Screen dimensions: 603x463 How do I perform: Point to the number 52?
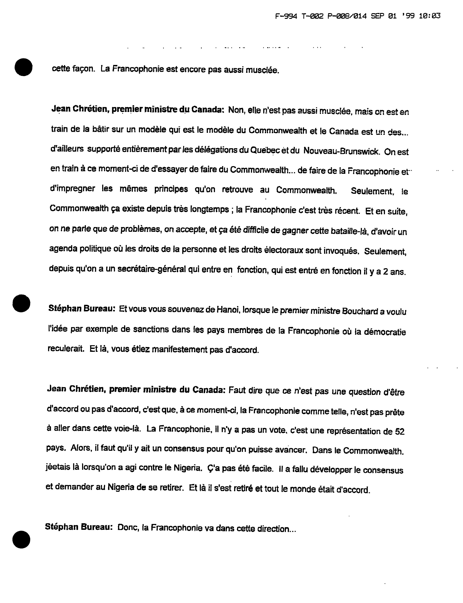(x=400, y=431)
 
